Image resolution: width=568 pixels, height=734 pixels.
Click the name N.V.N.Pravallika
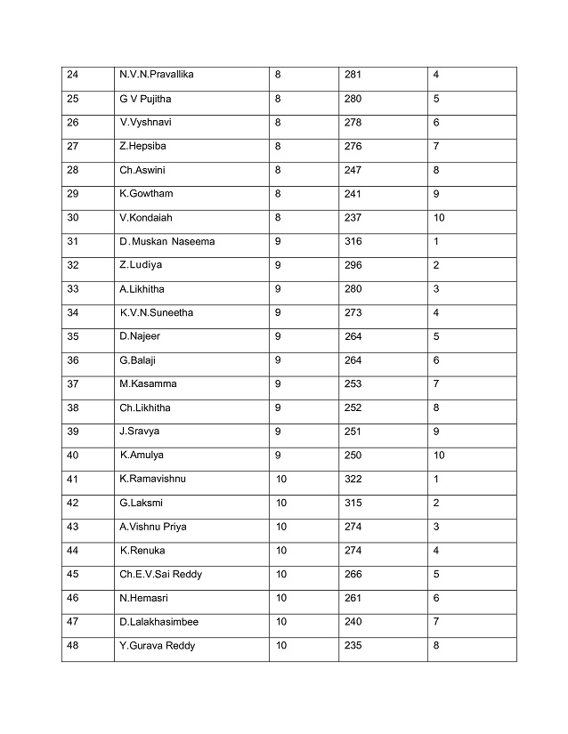(x=156, y=75)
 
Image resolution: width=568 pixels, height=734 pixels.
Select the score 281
(x=353, y=75)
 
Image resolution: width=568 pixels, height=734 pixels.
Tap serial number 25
(x=73, y=99)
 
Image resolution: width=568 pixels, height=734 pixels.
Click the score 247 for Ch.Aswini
(x=353, y=170)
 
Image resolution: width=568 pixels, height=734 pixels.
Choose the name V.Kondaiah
(x=145, y=217)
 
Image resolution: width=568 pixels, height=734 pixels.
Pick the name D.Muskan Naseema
(x=166, y=241)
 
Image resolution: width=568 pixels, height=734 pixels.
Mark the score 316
(x=353, y=241)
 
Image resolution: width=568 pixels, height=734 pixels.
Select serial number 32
(x=73, y=265)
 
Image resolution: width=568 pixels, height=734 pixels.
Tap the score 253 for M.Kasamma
(x=353, y=383)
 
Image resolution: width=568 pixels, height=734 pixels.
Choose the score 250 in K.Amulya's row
(x=353, y=456)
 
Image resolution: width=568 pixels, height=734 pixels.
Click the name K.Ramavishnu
(x=152, y=479)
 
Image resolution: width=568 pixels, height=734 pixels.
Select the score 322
(x=353, y=479)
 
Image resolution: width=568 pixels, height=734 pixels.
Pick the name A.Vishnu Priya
(x=152, y=527)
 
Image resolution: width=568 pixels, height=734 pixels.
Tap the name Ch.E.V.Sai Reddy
(x=160, y=574)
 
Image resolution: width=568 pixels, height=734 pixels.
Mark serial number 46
(x=73, y=598)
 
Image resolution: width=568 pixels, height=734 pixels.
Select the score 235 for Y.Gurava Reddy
(x=353, y=646)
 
